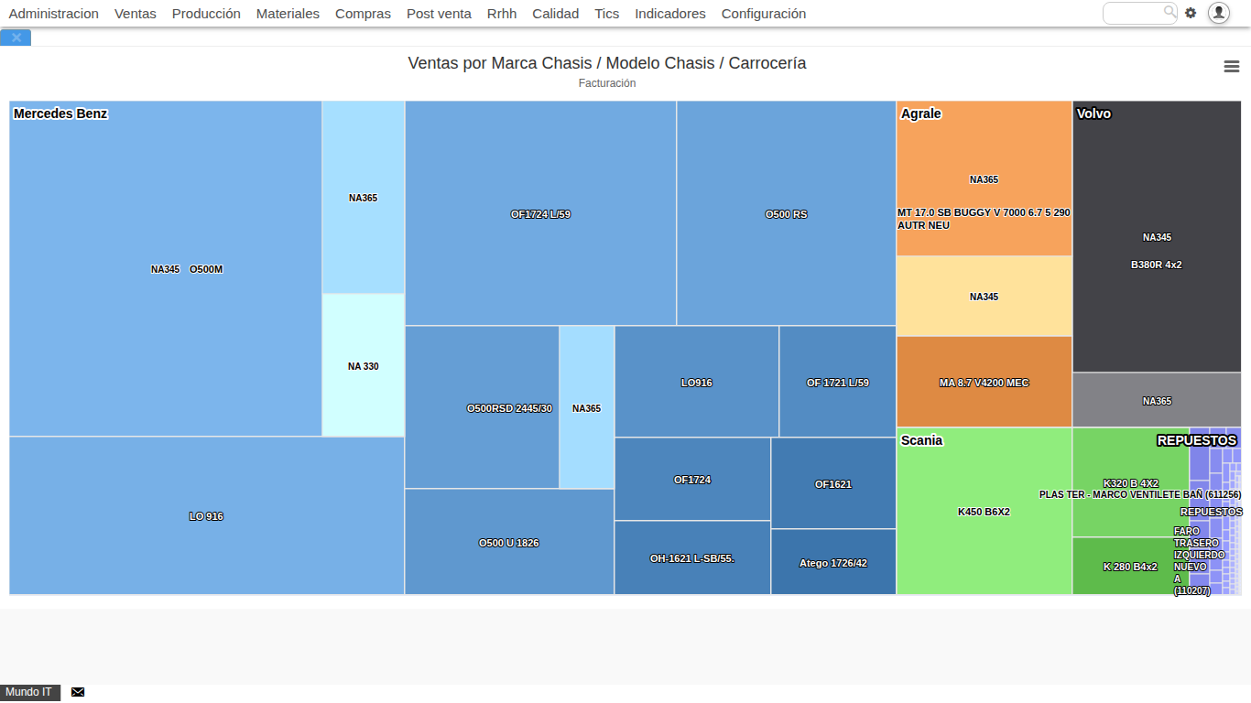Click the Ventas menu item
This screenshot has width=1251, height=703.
click(135, 14)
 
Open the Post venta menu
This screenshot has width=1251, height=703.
click(439, 14)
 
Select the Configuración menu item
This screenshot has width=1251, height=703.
click(763, 14)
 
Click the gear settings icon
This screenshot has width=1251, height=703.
click(1191, 13)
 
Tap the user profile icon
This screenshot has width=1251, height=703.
click(1218, 13)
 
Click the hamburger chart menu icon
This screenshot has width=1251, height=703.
click(1232, 67)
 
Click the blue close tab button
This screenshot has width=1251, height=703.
click(16, 38)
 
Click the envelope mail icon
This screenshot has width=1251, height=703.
click(78, 692)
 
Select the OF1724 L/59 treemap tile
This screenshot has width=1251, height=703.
click(540, 214)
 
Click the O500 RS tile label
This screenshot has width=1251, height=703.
click(786, 214)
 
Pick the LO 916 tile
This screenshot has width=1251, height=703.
click(206, 516)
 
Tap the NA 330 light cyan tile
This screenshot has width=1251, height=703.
click(363, 366)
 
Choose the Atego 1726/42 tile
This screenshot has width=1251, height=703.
click(832, 563)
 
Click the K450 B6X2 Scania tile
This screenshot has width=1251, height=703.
click(984, 512)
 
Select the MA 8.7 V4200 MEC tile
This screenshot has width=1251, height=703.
click(984, 383)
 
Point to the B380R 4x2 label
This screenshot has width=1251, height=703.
click(1156, 265)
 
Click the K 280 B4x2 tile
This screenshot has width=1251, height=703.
click(1129, 567)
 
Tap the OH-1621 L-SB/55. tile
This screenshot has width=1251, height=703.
click(691, 558)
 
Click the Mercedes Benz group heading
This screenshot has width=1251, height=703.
click(60, 114)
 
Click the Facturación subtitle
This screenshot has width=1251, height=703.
click(606, 83)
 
